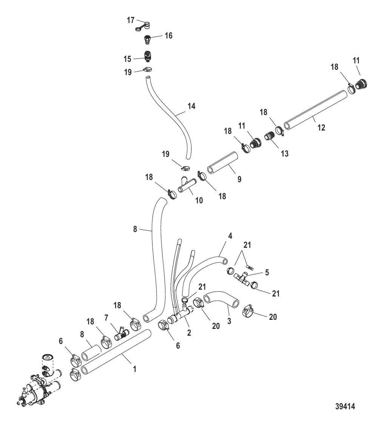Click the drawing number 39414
click(x=345, y=406)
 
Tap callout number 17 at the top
click(x=131, y=20)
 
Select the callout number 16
click(x=168, y=36)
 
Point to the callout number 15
click(x=127, y=59)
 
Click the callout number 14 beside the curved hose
click(x=191, y=106)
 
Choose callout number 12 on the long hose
click(x=321, y=127)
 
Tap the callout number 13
click(x=285, y=154)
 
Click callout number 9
click(x=239, y=179)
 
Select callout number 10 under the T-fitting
click(x=199, y=200)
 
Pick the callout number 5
click(x=267, y=273)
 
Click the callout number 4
click(x=230, y=236)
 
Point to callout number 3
click(x=229, y=321)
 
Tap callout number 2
click(x=189, y=332)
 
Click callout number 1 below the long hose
click(x=134, y=369)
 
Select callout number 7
click(x=106, y=318)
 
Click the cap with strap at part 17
click(x=143, y=26)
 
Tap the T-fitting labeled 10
click(x=187, y=184)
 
